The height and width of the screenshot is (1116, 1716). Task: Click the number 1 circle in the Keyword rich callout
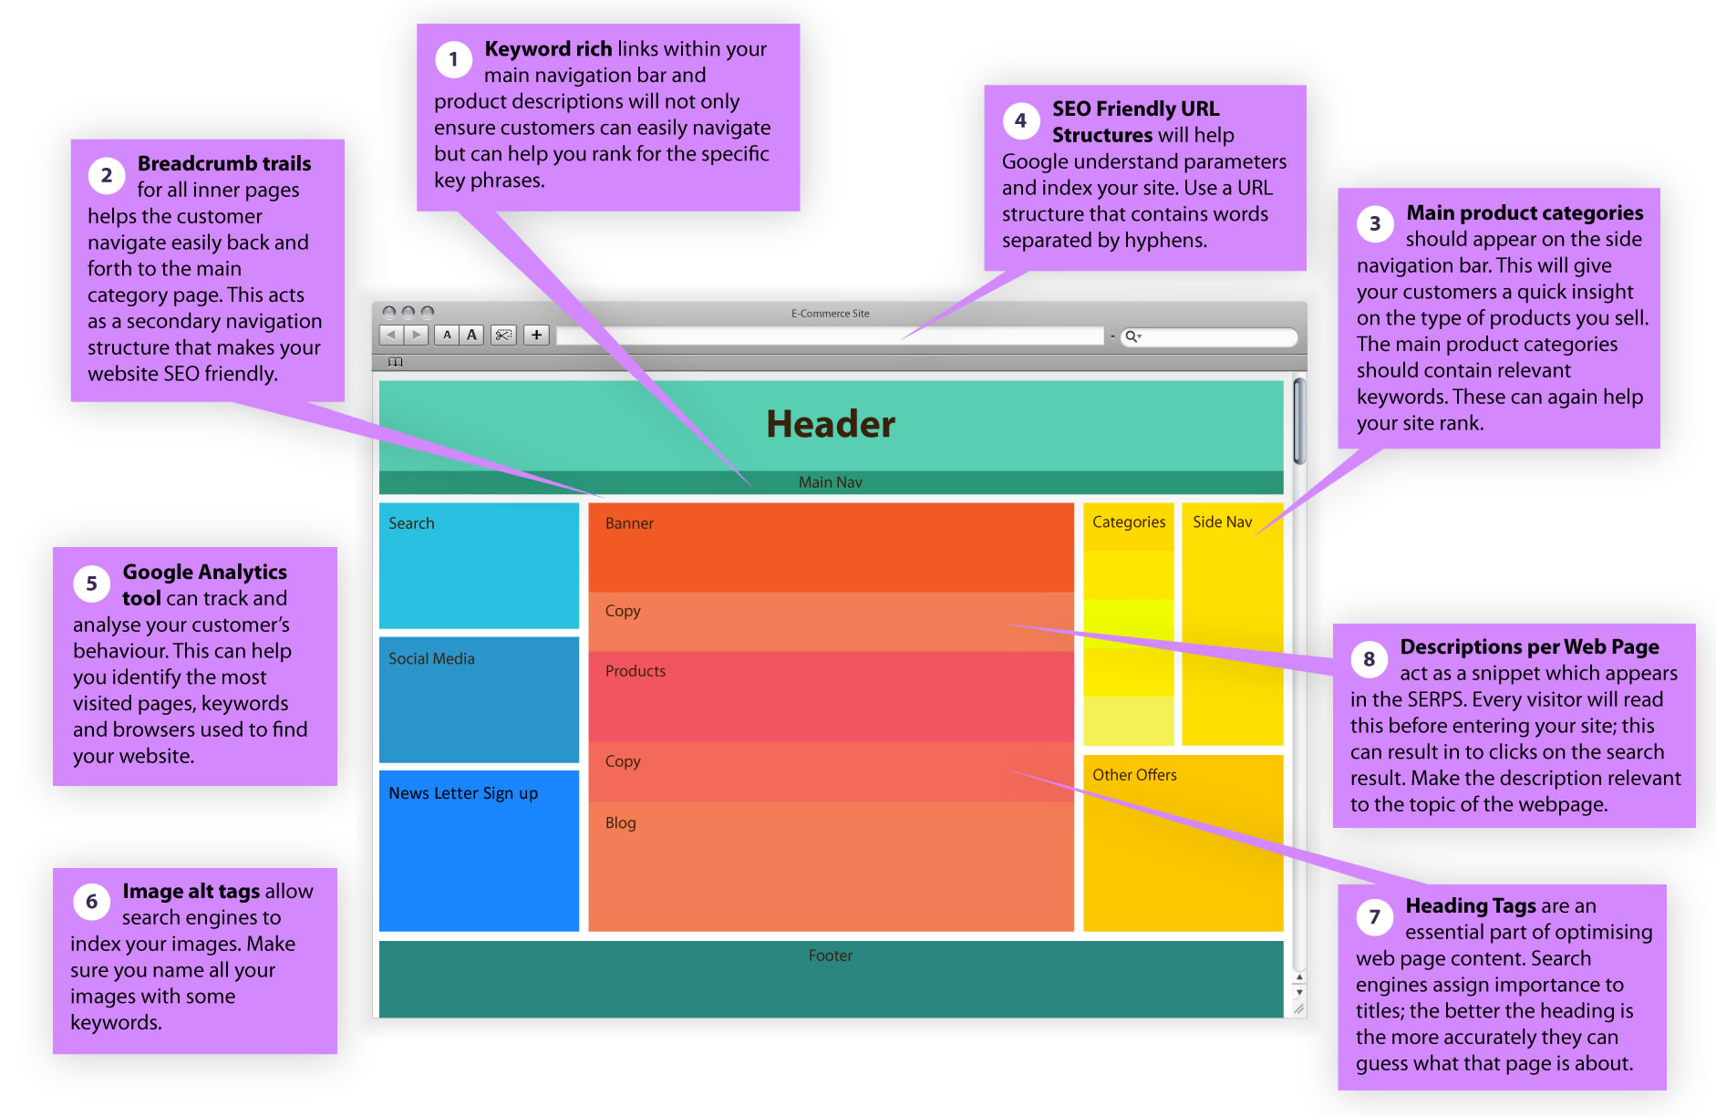click(453, 60)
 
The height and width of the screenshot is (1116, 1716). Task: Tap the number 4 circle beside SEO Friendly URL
click(1020, 120)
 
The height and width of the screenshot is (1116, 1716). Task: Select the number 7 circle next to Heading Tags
click(1374, 917)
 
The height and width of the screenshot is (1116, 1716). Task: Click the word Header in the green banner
click(831, 424)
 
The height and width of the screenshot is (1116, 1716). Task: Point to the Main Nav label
click(830, 482)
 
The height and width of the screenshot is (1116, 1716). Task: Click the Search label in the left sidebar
click(411, 523)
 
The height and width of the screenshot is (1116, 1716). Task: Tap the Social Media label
click(431, 658)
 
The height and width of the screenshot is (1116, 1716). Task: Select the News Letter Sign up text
click(463, 793)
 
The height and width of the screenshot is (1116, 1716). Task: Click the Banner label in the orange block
click(629, 523)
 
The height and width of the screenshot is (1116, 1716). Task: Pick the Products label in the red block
click(636, 671)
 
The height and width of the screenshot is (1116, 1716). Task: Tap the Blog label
click(621, 822)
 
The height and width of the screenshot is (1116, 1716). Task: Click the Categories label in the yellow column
click(1129, 522)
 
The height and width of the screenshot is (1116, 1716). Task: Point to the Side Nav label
click(1222, 522)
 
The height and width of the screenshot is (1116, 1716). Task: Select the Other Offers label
click(1134, 775)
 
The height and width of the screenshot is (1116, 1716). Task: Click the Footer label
click(830, 956)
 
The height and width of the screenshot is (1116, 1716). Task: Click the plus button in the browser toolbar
click(536, 335)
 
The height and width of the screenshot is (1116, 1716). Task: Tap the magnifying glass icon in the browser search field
click(1131, 336)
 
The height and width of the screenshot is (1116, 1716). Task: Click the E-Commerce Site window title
click(830, 314)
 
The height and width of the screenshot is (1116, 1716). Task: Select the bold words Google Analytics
click(205, 572)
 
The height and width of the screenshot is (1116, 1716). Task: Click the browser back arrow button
click(391, 335)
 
